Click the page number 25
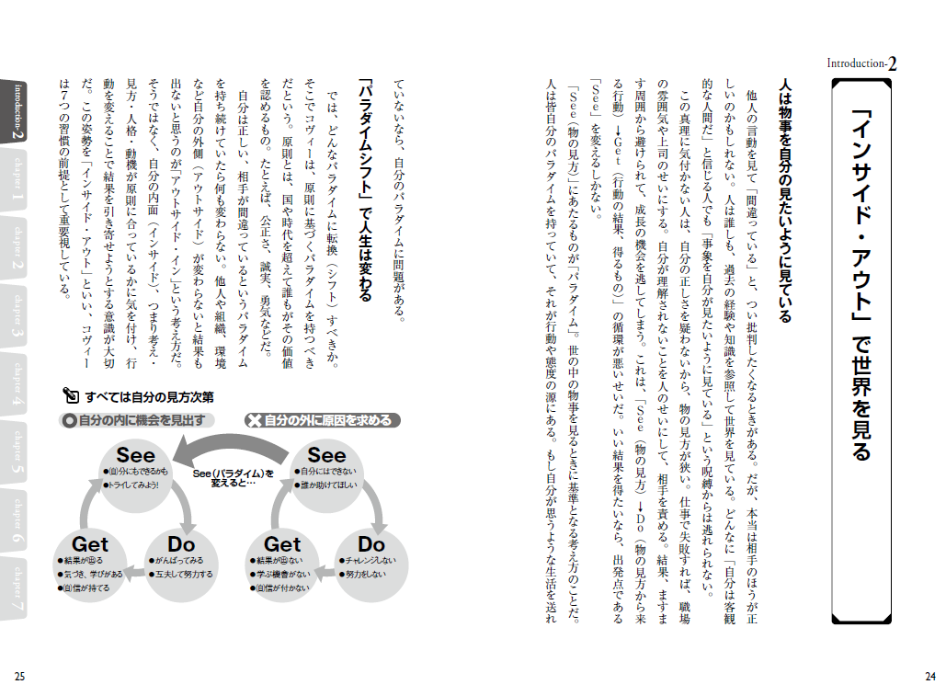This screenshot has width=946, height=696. (x=19, y=677)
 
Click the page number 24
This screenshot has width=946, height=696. (x=929, y=677)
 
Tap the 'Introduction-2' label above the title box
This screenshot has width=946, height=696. (x=862, y=63)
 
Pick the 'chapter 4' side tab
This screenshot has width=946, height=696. (x=17, y=385)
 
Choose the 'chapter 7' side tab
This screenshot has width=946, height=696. (x=17, y=588)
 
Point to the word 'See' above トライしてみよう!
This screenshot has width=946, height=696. (x=136, y=455)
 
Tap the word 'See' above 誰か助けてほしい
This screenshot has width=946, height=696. (x=326, y=455)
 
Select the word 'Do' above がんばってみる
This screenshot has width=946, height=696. (x=181, y=544)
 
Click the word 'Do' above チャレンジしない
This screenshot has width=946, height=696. (x=371, y=544)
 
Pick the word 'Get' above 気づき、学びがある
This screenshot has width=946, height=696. (x=90, y=544)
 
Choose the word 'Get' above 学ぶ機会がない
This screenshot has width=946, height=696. (x=282, y=544)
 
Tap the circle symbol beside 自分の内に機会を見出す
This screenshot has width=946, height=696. (x=69, y=421)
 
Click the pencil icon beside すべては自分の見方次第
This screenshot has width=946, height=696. (x=72, y=396)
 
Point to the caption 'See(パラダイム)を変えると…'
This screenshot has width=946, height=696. (x=234, y=478)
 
